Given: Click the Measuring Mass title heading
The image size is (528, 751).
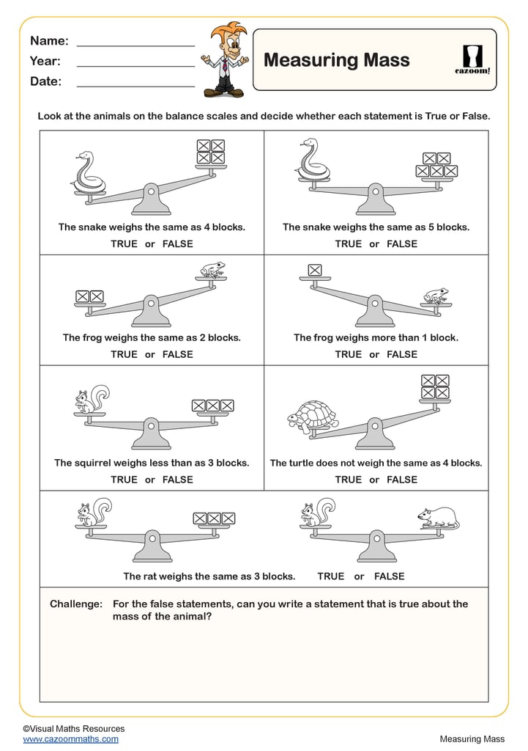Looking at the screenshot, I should click(x=336, y=60).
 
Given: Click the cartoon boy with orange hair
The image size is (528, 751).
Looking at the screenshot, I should click(x=224, y=59).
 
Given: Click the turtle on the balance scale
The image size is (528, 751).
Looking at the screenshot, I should click(x=313, y=417).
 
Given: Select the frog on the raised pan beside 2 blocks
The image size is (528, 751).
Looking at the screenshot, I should click(x=212, y=270).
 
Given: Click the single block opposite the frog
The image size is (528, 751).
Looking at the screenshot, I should click(x=315, y=270).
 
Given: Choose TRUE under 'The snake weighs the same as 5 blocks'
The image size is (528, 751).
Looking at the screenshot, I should click(x=349, y=244).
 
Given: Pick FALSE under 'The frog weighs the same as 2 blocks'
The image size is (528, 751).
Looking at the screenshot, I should click(x=178, y=354).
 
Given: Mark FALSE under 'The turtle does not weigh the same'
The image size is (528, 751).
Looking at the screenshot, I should click(x=402, y=480).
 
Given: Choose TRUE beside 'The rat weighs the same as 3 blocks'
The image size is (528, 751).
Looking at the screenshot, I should click(x=331, y=576).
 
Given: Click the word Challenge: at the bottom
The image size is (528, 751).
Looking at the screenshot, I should click(x=76, y=604).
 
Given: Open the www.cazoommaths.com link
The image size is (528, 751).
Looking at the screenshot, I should click(x=70, y=739).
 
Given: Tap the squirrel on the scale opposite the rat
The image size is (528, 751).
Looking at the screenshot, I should click(x=317, y=512).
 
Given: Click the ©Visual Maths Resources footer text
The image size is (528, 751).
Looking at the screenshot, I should click(x=73, y=728).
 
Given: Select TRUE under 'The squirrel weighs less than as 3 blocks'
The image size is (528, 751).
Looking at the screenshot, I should click(x=124, y=480).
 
